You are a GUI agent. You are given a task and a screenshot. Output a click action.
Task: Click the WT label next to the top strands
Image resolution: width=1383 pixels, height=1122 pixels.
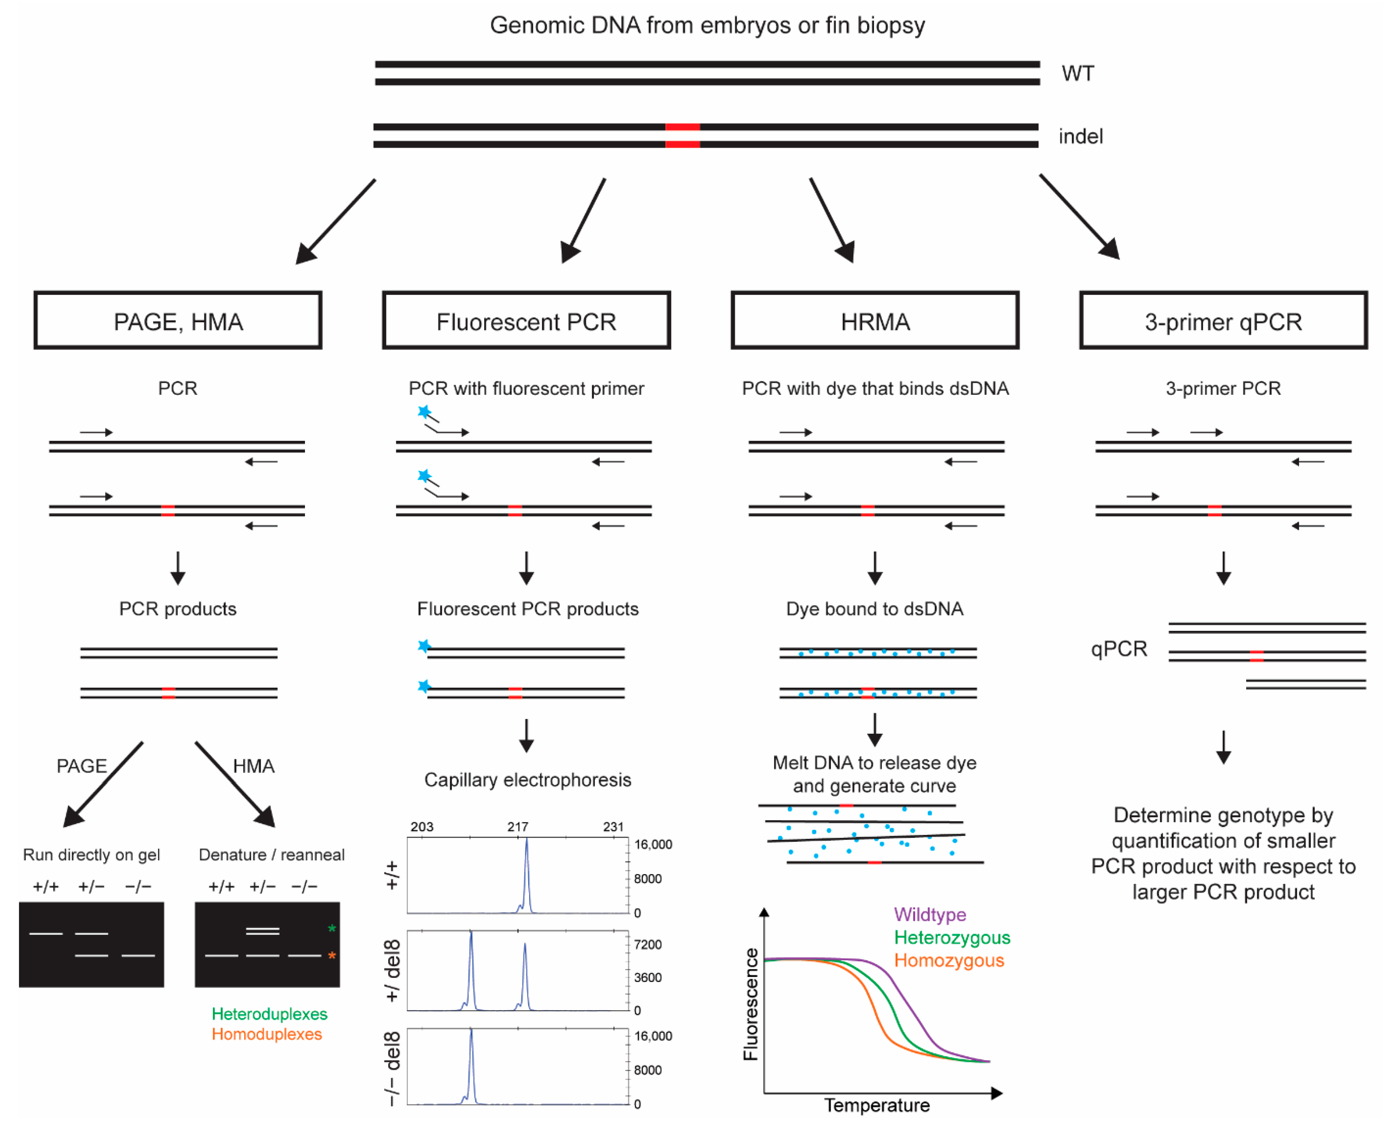(1077, 74)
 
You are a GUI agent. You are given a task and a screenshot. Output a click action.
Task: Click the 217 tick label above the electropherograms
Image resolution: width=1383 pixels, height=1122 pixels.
(518, 827)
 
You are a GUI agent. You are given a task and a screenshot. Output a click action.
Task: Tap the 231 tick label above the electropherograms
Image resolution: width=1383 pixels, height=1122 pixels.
(613, 827)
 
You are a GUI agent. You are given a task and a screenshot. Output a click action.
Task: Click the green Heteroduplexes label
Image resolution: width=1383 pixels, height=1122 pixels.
(269, 1014)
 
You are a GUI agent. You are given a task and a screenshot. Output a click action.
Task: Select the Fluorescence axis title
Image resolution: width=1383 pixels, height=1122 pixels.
(750, 1005)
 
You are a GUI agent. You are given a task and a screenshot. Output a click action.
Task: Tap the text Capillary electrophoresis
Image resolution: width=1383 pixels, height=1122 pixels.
(527, 780)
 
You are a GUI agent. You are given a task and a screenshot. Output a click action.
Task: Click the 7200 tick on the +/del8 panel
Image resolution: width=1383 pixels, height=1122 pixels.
(648, 945)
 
